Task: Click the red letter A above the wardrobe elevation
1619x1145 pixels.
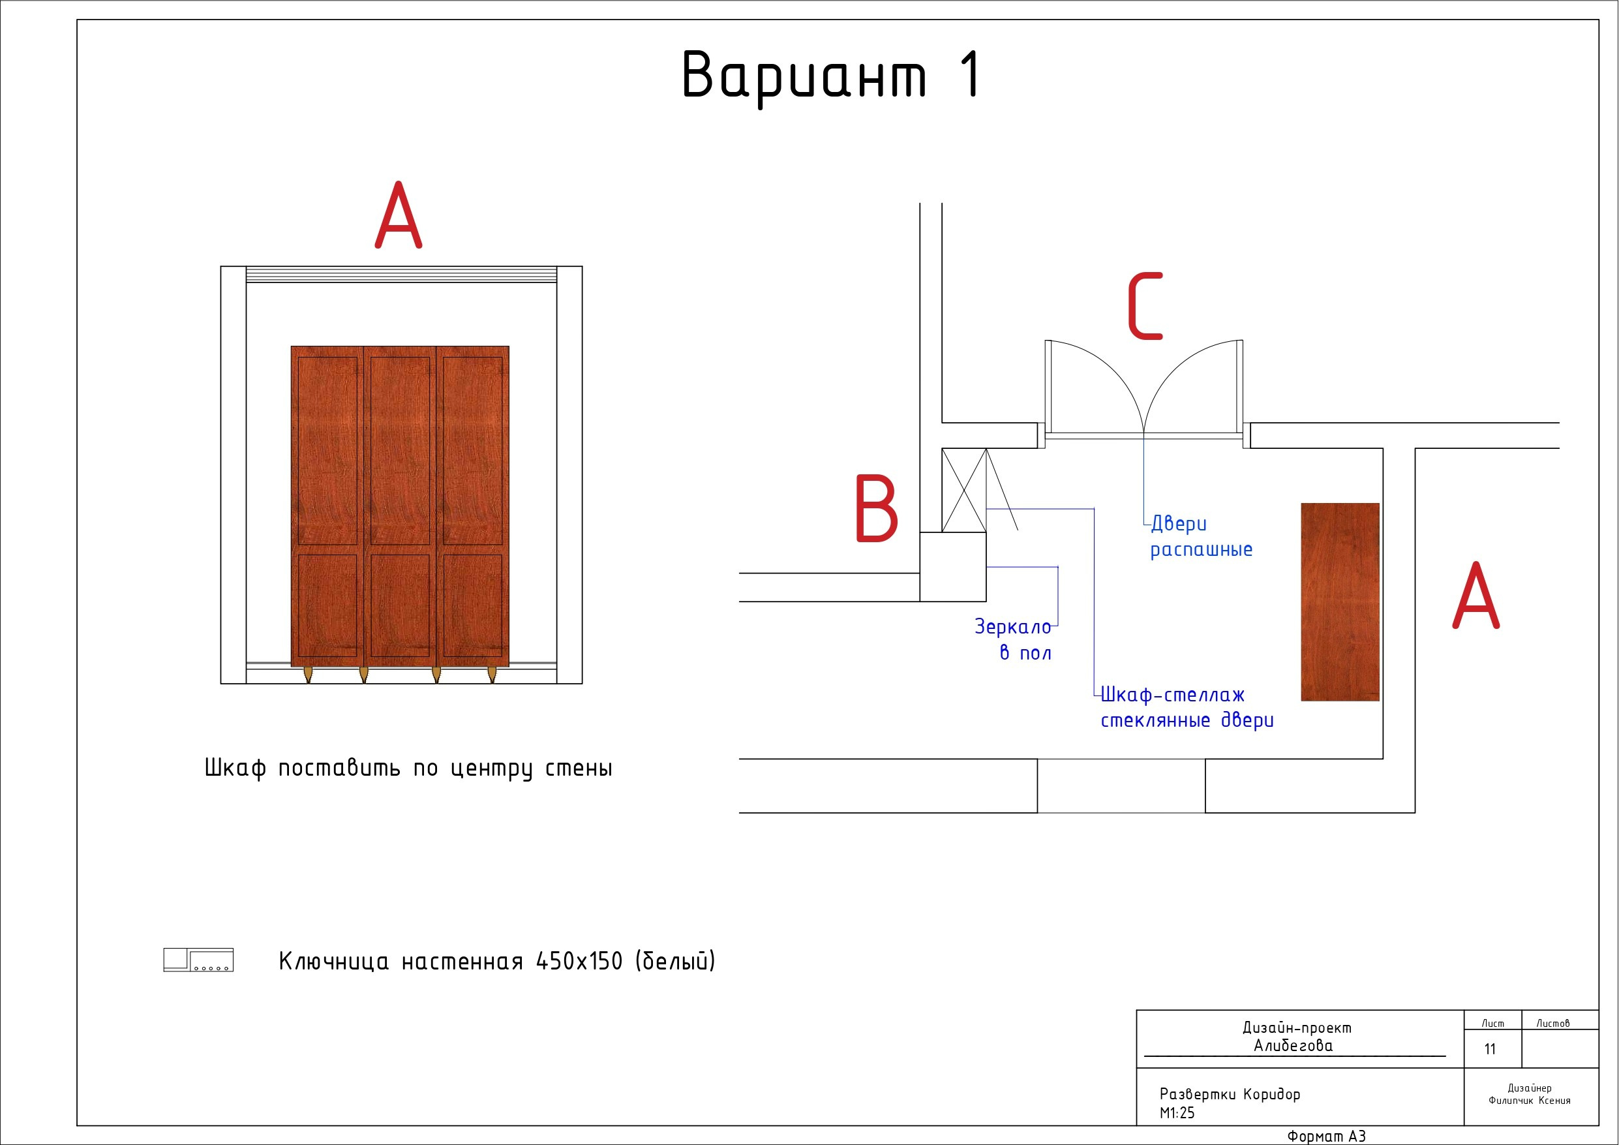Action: pos(399,215)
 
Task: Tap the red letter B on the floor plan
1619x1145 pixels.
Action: pos(877,508)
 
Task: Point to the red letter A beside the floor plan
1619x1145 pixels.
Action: pos(1476,595)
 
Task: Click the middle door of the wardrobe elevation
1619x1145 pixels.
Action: pos(400,506)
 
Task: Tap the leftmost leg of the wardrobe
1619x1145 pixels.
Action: pos(307,675)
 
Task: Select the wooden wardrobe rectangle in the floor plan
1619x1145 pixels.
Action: pos(1340,602)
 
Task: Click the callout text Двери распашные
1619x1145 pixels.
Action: pos(1202,537)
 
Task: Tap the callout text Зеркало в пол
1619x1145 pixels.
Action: pos(1013,639)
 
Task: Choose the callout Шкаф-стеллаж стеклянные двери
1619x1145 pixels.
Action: pos(1187,708)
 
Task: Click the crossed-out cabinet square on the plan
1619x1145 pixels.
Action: pos(964,491)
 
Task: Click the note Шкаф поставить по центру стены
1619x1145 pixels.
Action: pos(408,769)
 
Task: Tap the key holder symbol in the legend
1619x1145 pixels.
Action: pos(198,960)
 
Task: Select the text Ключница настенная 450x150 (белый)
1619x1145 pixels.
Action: pos(497,961)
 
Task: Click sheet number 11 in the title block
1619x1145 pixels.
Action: pos(1490,1049)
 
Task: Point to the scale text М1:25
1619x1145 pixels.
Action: pos(1177,1112)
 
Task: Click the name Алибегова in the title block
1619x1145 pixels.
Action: pos(1294,1046)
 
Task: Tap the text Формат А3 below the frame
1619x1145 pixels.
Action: pos(1326,1136)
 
